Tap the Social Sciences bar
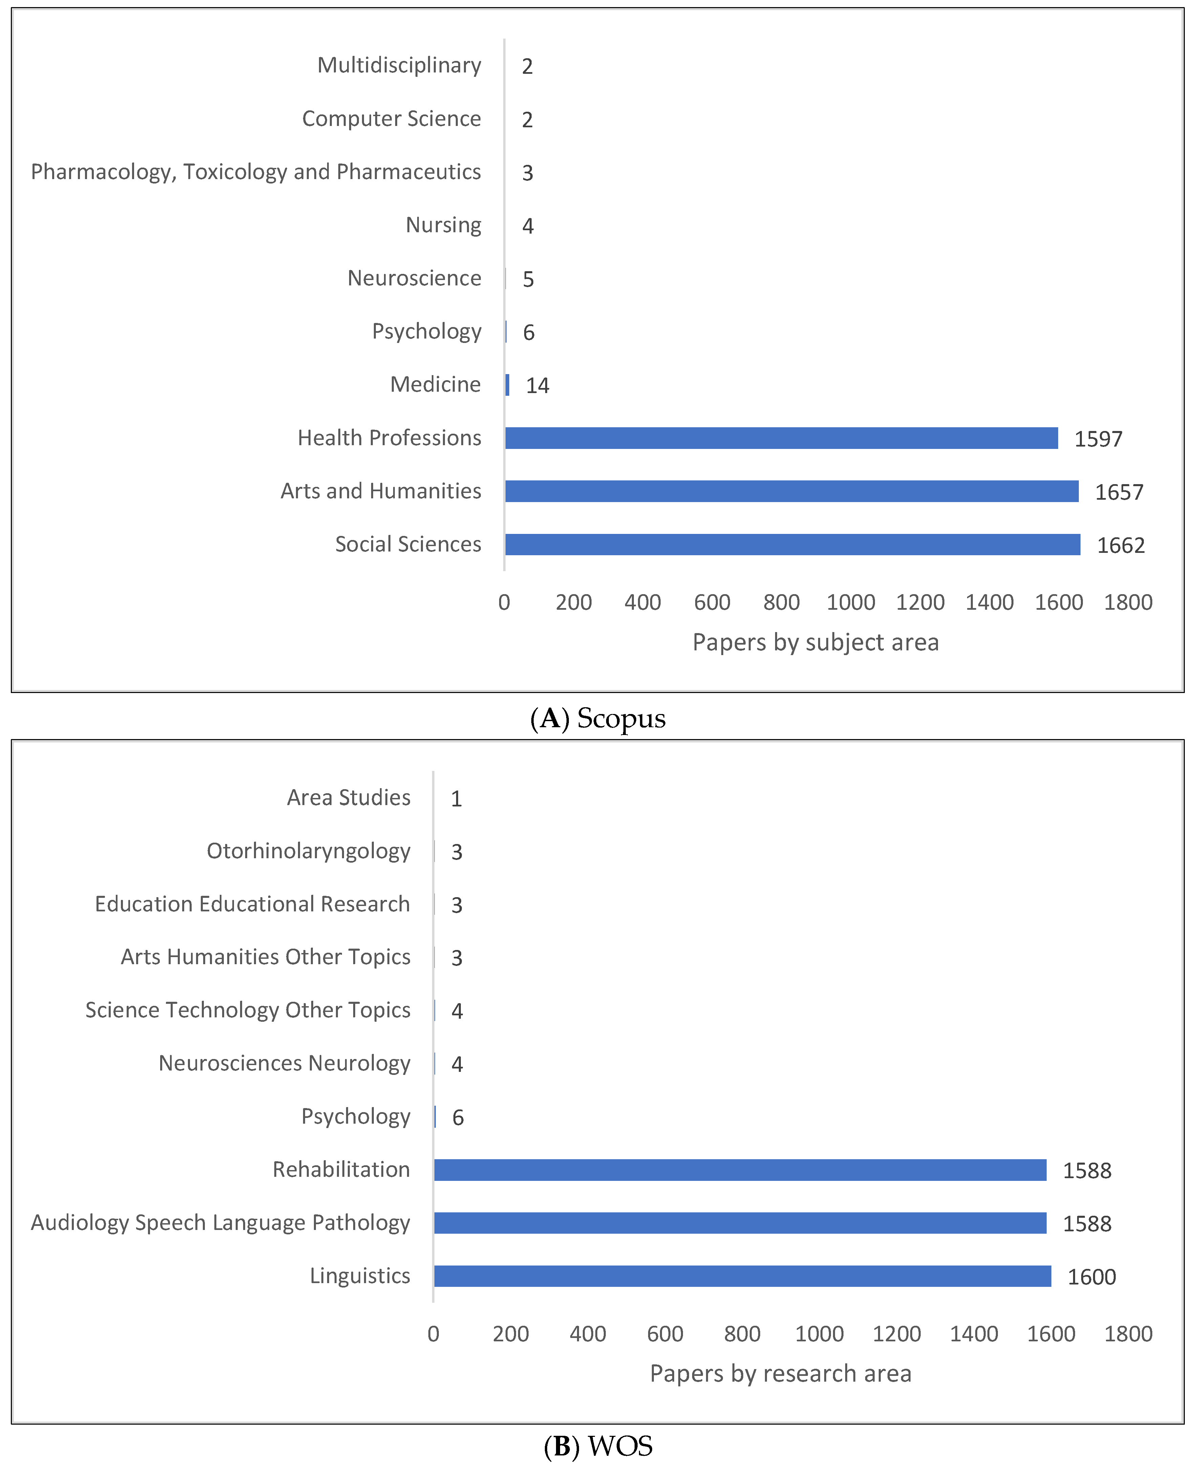(792, 544)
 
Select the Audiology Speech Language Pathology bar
(740, 1223)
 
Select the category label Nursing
(443, 225)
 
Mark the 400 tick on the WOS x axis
(587, 1334)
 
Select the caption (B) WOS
(598, 1446)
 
